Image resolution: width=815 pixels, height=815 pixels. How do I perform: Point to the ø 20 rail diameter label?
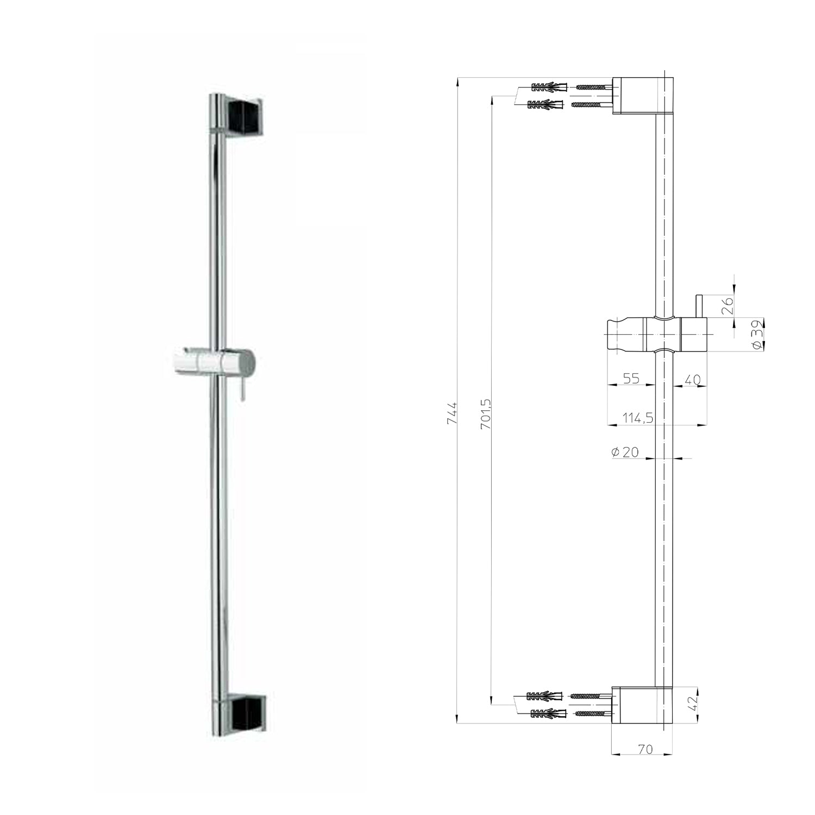625,452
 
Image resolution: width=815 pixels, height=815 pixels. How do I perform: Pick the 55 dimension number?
631,378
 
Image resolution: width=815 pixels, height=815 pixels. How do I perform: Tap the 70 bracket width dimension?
644,749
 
